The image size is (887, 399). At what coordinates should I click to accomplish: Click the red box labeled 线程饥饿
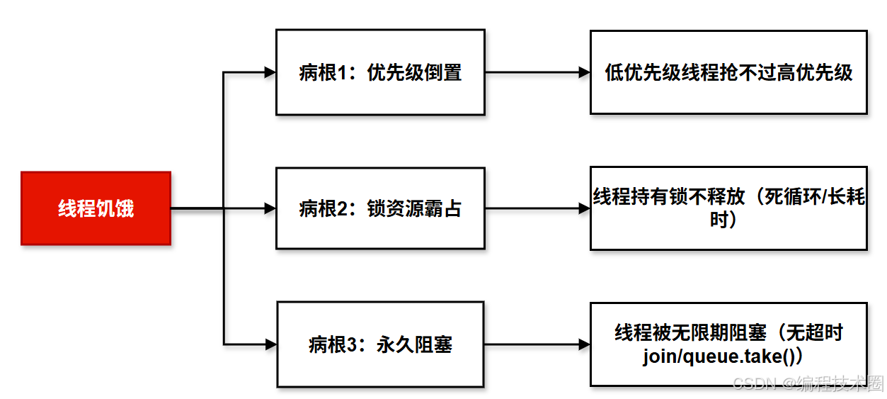96,208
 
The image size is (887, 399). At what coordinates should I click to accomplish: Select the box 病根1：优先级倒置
380,72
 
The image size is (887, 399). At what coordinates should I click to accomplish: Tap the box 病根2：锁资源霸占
380,208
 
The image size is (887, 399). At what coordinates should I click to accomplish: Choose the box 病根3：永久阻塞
380,344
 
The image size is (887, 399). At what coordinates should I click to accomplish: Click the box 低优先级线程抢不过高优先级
728,72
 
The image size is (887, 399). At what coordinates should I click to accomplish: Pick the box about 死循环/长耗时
728,208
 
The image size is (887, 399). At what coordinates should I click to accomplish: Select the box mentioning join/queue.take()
728,344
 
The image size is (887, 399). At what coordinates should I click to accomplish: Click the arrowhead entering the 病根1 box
270,72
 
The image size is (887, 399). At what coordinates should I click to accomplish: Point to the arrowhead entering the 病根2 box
270,208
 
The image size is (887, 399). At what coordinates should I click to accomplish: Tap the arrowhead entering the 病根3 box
270,345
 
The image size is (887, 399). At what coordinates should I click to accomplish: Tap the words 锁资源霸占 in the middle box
414,208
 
